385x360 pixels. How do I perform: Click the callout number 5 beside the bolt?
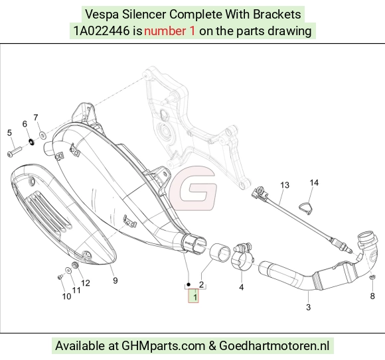(x=9, y=133)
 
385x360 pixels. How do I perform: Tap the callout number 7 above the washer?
(x=36, y=118)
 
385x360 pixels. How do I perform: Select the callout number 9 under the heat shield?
(x=115, y=280)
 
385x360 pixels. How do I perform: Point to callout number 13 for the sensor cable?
(x=285, y=185)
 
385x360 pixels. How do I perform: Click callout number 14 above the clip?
(x=314, y=183)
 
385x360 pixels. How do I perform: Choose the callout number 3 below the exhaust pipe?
(x=309, y=307)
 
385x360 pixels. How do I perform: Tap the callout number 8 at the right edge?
(x=372, y=296)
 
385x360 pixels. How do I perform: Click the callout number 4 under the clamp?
(x=242, y=287)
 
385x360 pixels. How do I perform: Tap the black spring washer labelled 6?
(x=31, y=142)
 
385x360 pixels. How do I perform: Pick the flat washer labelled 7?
(x=42, y=135)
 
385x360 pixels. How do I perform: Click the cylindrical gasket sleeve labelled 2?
(x=220, y=253)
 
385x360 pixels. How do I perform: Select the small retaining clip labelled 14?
(x=306, y=208)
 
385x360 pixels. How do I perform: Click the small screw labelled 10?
(x=60, y=277)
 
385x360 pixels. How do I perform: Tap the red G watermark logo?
(x=193, y=188)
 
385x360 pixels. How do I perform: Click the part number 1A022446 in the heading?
(x=102, y=31)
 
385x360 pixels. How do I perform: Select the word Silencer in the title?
(x=143, y=14)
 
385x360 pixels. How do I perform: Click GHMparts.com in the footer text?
(x=163, y=346)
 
